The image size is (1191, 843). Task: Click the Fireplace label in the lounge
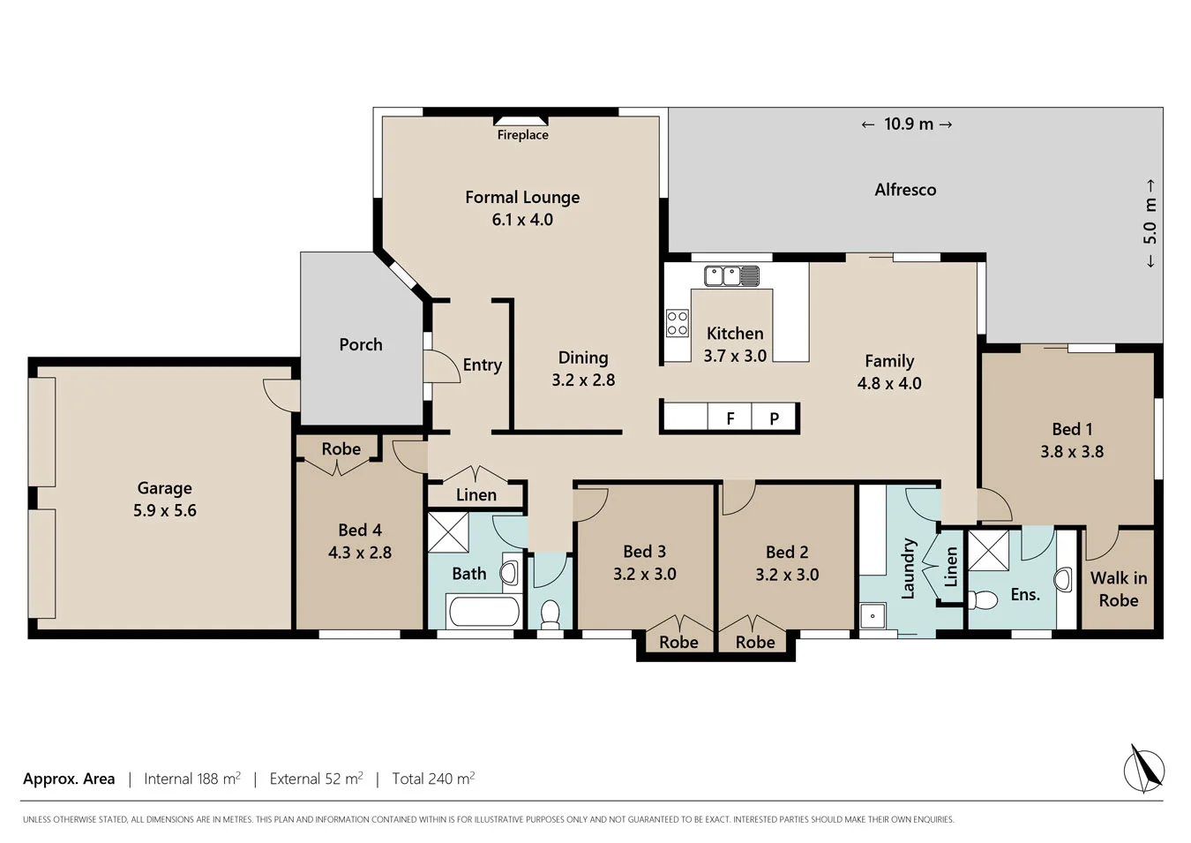click(522, 135)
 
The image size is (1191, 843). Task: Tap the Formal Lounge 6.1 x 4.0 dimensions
click(522, 220)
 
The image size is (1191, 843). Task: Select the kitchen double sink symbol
click(731, 276)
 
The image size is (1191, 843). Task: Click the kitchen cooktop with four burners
click(678, 323)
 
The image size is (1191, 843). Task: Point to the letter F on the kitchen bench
click(730, 418)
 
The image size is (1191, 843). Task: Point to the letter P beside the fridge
click(774, 418)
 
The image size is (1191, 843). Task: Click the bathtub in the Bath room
click(483, 611)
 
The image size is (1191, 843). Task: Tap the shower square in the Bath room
click(448, 532)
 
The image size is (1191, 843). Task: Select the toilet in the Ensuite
click(981, 600)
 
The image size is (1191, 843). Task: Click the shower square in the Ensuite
click(988, 550)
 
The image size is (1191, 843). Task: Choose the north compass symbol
click(1143, 769)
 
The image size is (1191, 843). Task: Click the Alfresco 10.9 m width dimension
click(907, 124)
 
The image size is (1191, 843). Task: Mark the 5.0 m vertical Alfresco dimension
click(1150, 223)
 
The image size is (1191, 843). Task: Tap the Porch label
click(361, 345)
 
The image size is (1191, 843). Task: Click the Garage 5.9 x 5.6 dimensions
click(165, 510)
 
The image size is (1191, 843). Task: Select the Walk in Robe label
click(1118, 589)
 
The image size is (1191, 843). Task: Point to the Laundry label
click(908, 569)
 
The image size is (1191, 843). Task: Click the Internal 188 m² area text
click(192, 779)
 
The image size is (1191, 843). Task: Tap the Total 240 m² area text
click(433, 779)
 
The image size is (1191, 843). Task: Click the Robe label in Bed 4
click(341, 449)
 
